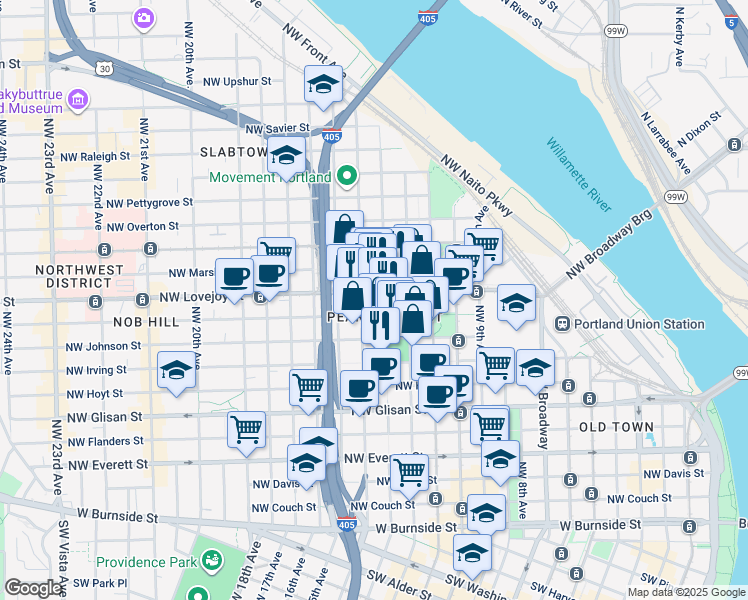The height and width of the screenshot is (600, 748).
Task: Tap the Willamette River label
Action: click(578, 176)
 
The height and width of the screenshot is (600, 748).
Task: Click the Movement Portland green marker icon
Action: click(347, 177)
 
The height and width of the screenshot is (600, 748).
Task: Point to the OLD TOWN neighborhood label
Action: click(616, 427)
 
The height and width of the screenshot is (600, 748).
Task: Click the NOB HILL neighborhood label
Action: click(145, 322)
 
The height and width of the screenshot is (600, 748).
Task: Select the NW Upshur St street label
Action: click(237, 82)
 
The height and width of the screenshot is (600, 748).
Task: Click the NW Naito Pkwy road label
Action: click(475, 185)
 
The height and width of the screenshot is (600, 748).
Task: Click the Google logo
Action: click(33, 588)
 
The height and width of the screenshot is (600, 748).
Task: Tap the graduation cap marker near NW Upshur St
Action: click(323, 87)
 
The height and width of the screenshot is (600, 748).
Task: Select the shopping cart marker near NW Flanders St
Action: click(246, 431)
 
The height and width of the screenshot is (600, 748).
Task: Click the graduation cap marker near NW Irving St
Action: click(176, 371)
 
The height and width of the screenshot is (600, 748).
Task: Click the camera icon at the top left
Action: click(144, 17)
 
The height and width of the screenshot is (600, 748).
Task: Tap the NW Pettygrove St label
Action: click(149, 203)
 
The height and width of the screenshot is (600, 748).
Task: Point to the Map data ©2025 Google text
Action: click(685, 592)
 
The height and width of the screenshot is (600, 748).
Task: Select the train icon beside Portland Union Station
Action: click(562, 324)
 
